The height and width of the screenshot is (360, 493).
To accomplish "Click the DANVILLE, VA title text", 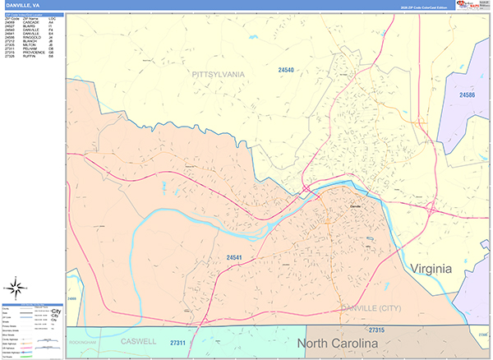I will (x=23, y=5).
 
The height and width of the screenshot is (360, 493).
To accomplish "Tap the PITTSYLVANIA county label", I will (x=219, y=74).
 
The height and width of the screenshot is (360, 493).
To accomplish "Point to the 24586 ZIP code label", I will (x=467, y=95).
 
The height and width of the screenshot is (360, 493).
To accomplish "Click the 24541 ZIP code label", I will (x=236, y=258).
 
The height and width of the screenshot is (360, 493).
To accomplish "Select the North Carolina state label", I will (x=337, y=342).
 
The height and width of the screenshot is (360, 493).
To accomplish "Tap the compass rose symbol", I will (x=15, y=288).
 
